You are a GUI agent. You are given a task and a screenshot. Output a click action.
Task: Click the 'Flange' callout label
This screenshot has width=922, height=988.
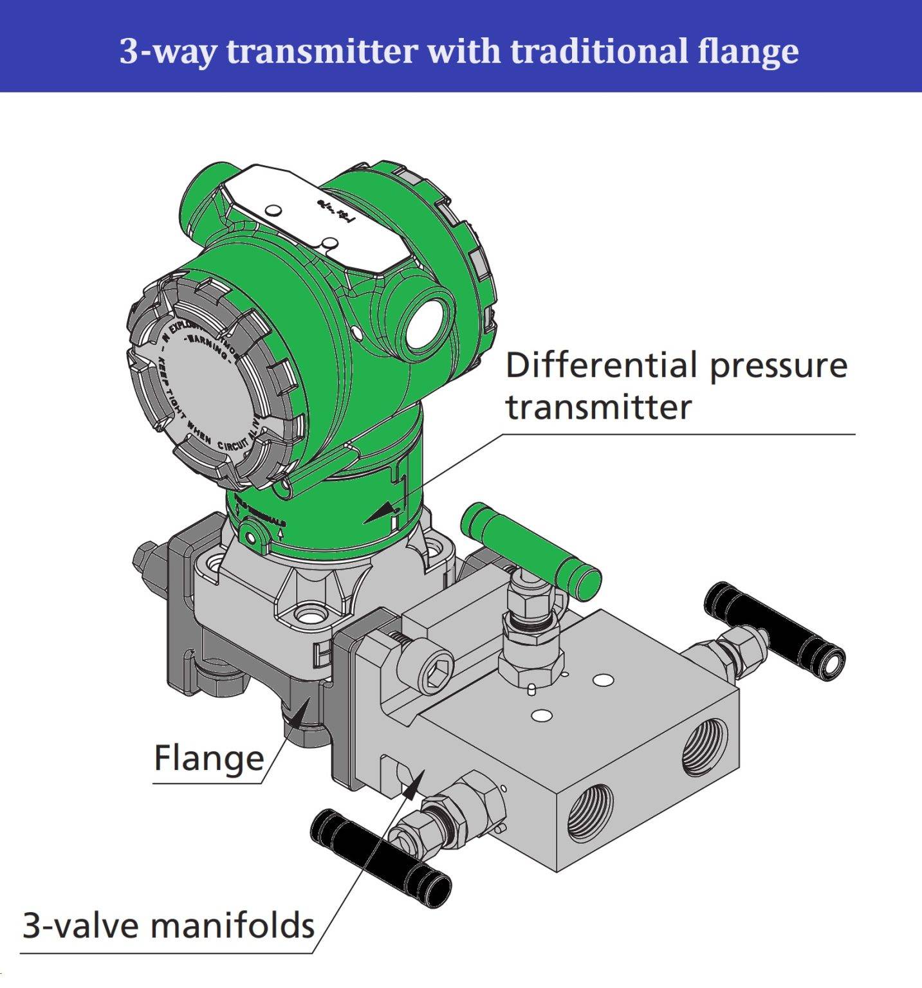(209, 758)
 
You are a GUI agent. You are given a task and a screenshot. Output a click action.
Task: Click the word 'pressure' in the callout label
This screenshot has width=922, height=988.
(779, 365)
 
